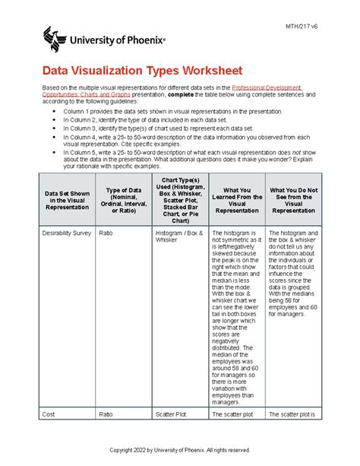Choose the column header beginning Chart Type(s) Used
(178, 201)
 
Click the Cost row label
(50, 414)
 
